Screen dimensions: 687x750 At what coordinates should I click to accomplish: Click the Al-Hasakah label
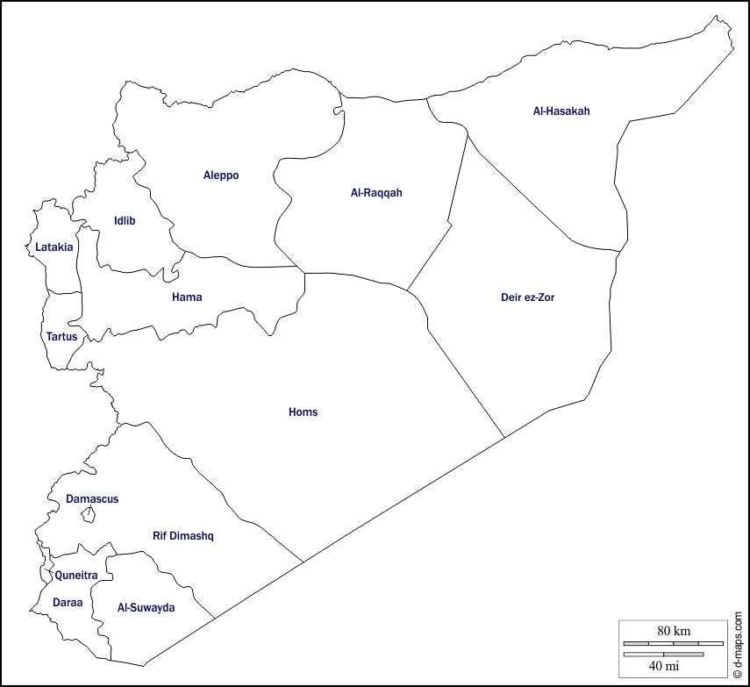coord(561,111)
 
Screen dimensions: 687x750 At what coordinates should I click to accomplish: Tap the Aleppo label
coord(221,175)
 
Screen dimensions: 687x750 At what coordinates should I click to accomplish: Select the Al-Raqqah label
coord(375,193)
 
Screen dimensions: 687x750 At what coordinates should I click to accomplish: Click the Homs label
coord(304,412)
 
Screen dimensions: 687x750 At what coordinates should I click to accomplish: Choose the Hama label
coord(187,297)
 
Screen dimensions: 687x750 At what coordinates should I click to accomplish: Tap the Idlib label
coord(125,221)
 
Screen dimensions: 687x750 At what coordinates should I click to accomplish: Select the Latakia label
coord(54,247)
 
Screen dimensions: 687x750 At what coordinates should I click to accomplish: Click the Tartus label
coord(61,337)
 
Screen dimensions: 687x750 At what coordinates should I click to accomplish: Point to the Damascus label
coord(92,499)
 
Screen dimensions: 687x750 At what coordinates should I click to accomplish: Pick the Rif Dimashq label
coord(183,536)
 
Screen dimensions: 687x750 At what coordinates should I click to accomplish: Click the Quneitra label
coord(75,576)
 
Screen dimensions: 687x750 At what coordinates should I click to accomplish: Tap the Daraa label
coord(68,604)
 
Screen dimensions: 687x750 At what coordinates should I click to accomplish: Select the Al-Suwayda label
coord(146,608)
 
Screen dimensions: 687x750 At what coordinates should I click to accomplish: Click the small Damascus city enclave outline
coord(88,514)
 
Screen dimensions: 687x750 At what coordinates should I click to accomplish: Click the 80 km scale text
coord(674,631)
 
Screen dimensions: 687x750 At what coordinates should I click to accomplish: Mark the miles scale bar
coord(663,654)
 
